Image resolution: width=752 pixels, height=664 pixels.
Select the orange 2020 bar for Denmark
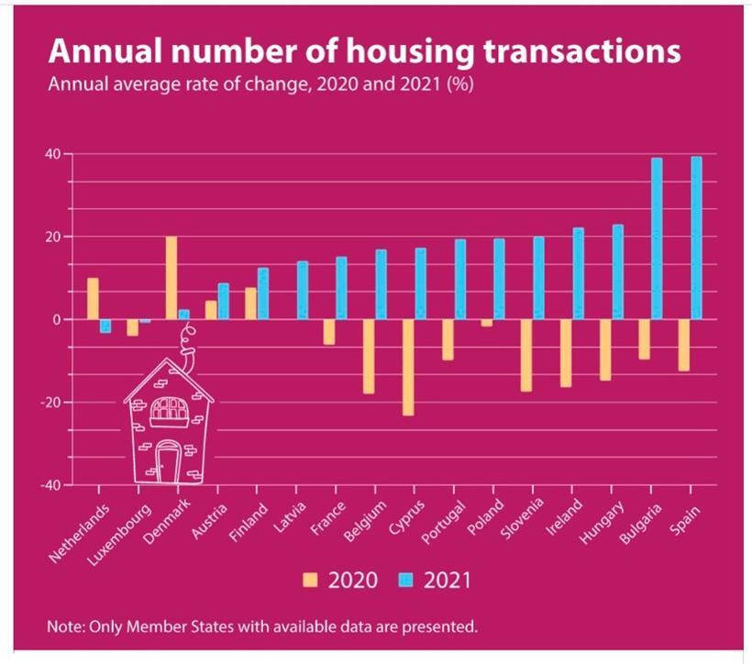click(171, 278)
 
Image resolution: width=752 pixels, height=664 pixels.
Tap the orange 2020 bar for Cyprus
click(408, 367)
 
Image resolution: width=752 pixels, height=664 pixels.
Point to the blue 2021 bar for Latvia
click(302, 291)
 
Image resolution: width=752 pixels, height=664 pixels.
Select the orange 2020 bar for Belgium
click(369, 356)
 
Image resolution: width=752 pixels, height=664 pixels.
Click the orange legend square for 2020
click(310, 580)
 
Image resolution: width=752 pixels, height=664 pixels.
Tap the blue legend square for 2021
click(404, 580)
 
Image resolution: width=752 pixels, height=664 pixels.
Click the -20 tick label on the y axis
click(51, 403)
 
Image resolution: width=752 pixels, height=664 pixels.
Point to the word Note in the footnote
click(64, 627)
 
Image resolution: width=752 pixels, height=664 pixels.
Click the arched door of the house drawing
click(168, 459)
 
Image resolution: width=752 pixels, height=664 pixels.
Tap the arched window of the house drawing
click(169, 412)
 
